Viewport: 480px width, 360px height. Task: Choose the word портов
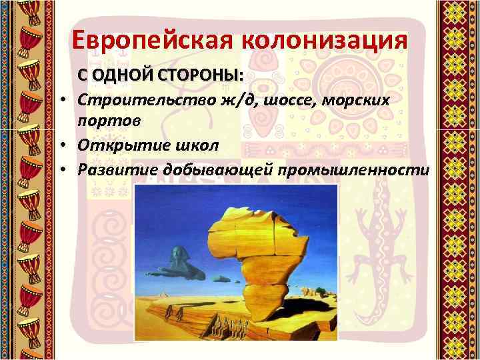(109, 121)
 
